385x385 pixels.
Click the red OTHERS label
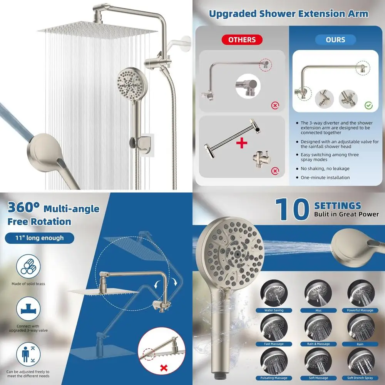(242, 40)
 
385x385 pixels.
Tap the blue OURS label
(335, 40)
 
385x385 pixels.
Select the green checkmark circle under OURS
(368, 104)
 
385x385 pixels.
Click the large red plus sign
(242, 144)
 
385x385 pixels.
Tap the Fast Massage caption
(274, 344)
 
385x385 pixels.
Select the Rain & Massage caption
(318, 344)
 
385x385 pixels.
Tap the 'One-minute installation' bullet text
(325, 177)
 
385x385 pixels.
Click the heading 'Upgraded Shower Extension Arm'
(288, 14)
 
